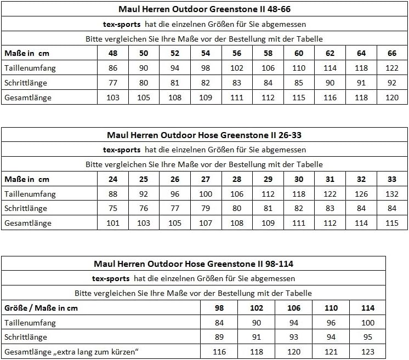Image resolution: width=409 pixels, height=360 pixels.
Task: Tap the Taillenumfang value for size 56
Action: point(237,68)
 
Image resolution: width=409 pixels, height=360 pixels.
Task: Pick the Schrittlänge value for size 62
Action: point(330,83)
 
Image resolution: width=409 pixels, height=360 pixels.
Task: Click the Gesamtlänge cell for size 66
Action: point(392,98)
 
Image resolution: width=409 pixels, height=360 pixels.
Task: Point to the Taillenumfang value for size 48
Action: point(113,68)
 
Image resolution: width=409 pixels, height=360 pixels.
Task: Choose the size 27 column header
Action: point(206,179)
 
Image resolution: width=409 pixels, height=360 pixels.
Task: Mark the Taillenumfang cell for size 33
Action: point(392,194)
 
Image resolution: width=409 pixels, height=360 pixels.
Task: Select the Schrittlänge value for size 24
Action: point(113,209)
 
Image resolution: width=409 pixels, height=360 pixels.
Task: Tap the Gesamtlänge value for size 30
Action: point(299,224)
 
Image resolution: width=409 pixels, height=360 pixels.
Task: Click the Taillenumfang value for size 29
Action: point(268,194)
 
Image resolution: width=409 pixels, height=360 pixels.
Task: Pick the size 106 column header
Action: point(294,308)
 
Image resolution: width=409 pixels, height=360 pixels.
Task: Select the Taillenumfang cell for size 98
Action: point(220,323)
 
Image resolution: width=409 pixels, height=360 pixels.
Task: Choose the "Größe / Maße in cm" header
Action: point(41,308)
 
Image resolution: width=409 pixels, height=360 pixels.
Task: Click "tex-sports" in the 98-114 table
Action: point(111,278)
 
